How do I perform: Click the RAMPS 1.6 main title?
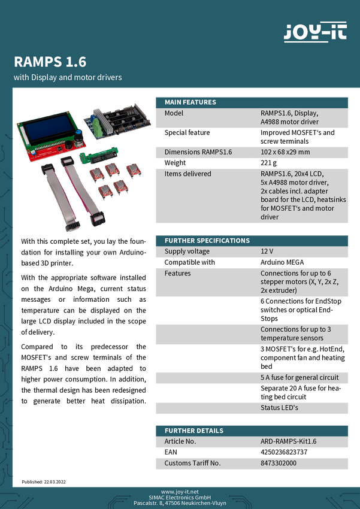pos(50,62)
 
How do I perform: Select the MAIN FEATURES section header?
pos(190,102)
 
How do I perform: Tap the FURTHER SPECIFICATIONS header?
pos(207,241)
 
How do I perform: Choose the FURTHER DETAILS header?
pos(194,431)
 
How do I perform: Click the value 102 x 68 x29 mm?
pos(285,152)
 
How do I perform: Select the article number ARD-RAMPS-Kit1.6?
pos(289,441)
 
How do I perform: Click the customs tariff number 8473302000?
pos(279,463)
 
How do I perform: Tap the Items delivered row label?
pos(187,174)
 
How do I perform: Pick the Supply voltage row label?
pos(187,252)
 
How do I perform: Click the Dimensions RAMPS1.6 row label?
pos(198,152)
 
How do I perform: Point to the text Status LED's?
pos(279,408)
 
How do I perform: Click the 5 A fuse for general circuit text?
pos(300,377)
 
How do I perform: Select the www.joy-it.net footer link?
pos(180,491)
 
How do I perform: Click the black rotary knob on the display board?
pos(77,144)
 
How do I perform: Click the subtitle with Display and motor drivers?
pos(68,78)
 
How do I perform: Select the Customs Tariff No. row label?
pos(193,463)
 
